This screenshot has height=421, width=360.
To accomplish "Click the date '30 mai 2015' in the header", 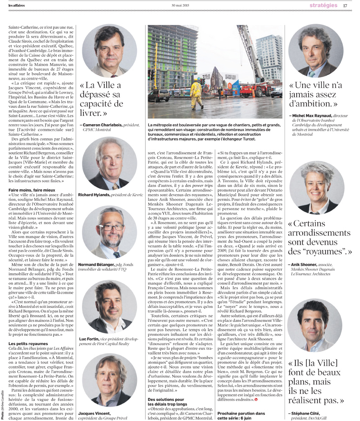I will [180, 5].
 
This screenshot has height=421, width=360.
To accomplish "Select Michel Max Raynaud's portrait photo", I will [319, 51].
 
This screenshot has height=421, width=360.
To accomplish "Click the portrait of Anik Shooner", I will [319, 188].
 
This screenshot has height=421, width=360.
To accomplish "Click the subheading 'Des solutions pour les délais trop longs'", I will [171, 402].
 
